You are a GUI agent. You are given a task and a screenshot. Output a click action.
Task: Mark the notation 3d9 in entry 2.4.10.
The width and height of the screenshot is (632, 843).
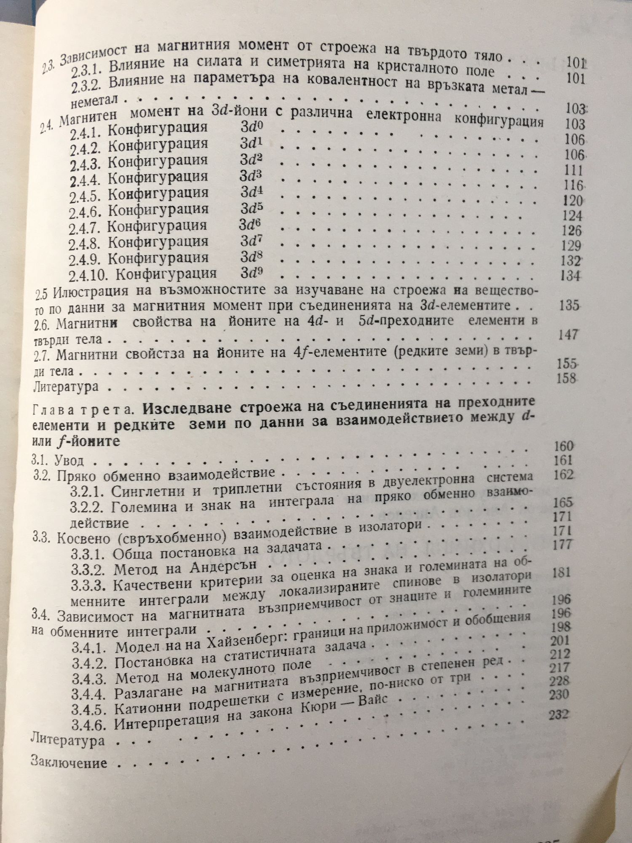click(x=252, y=273)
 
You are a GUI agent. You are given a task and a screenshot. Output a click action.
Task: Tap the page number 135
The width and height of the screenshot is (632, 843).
click(x=570, y=305)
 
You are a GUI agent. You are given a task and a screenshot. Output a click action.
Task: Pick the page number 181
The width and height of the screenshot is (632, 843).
click(x=560, y=572)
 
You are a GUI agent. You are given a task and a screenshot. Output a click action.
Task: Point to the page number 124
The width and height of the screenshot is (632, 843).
click(x=572, y=216)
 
